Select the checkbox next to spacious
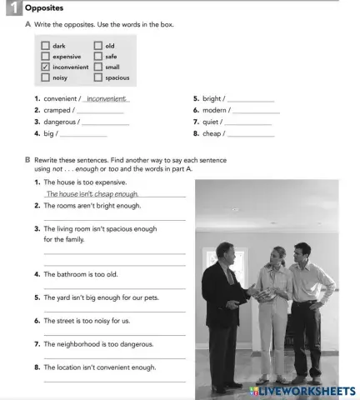tap(98, 77)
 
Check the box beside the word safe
tap(98, 57)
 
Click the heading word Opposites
tap(44, 7)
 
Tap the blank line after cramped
tap(100, 111)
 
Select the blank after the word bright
tap(251, 100)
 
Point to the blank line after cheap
tap(250, 133)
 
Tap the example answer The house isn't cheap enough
tap(92, 193)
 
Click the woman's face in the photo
tap(271, 253)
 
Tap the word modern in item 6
tap(215, 111)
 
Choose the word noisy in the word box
tap(60, 77)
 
